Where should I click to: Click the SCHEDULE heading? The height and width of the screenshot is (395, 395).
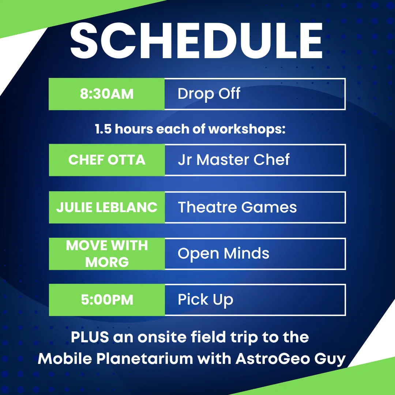(196, 41)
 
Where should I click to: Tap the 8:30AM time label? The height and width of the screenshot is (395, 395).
(106, 94)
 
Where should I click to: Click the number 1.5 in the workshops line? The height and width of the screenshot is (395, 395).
(103, 129)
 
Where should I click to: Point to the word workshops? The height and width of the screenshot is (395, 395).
(247, 129)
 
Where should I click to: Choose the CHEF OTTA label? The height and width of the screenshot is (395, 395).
(107, 160)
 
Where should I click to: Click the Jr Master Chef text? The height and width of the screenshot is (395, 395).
(233, 160)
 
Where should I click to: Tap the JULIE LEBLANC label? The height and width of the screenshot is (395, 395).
(107, 207)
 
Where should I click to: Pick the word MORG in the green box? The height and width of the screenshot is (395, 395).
(107, 262)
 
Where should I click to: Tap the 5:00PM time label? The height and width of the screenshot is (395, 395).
(107, 300)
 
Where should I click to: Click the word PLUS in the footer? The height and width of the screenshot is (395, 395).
(90, 337)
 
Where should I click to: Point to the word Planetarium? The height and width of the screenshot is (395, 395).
(144, 358)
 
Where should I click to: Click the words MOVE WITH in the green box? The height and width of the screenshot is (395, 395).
(107, 245)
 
